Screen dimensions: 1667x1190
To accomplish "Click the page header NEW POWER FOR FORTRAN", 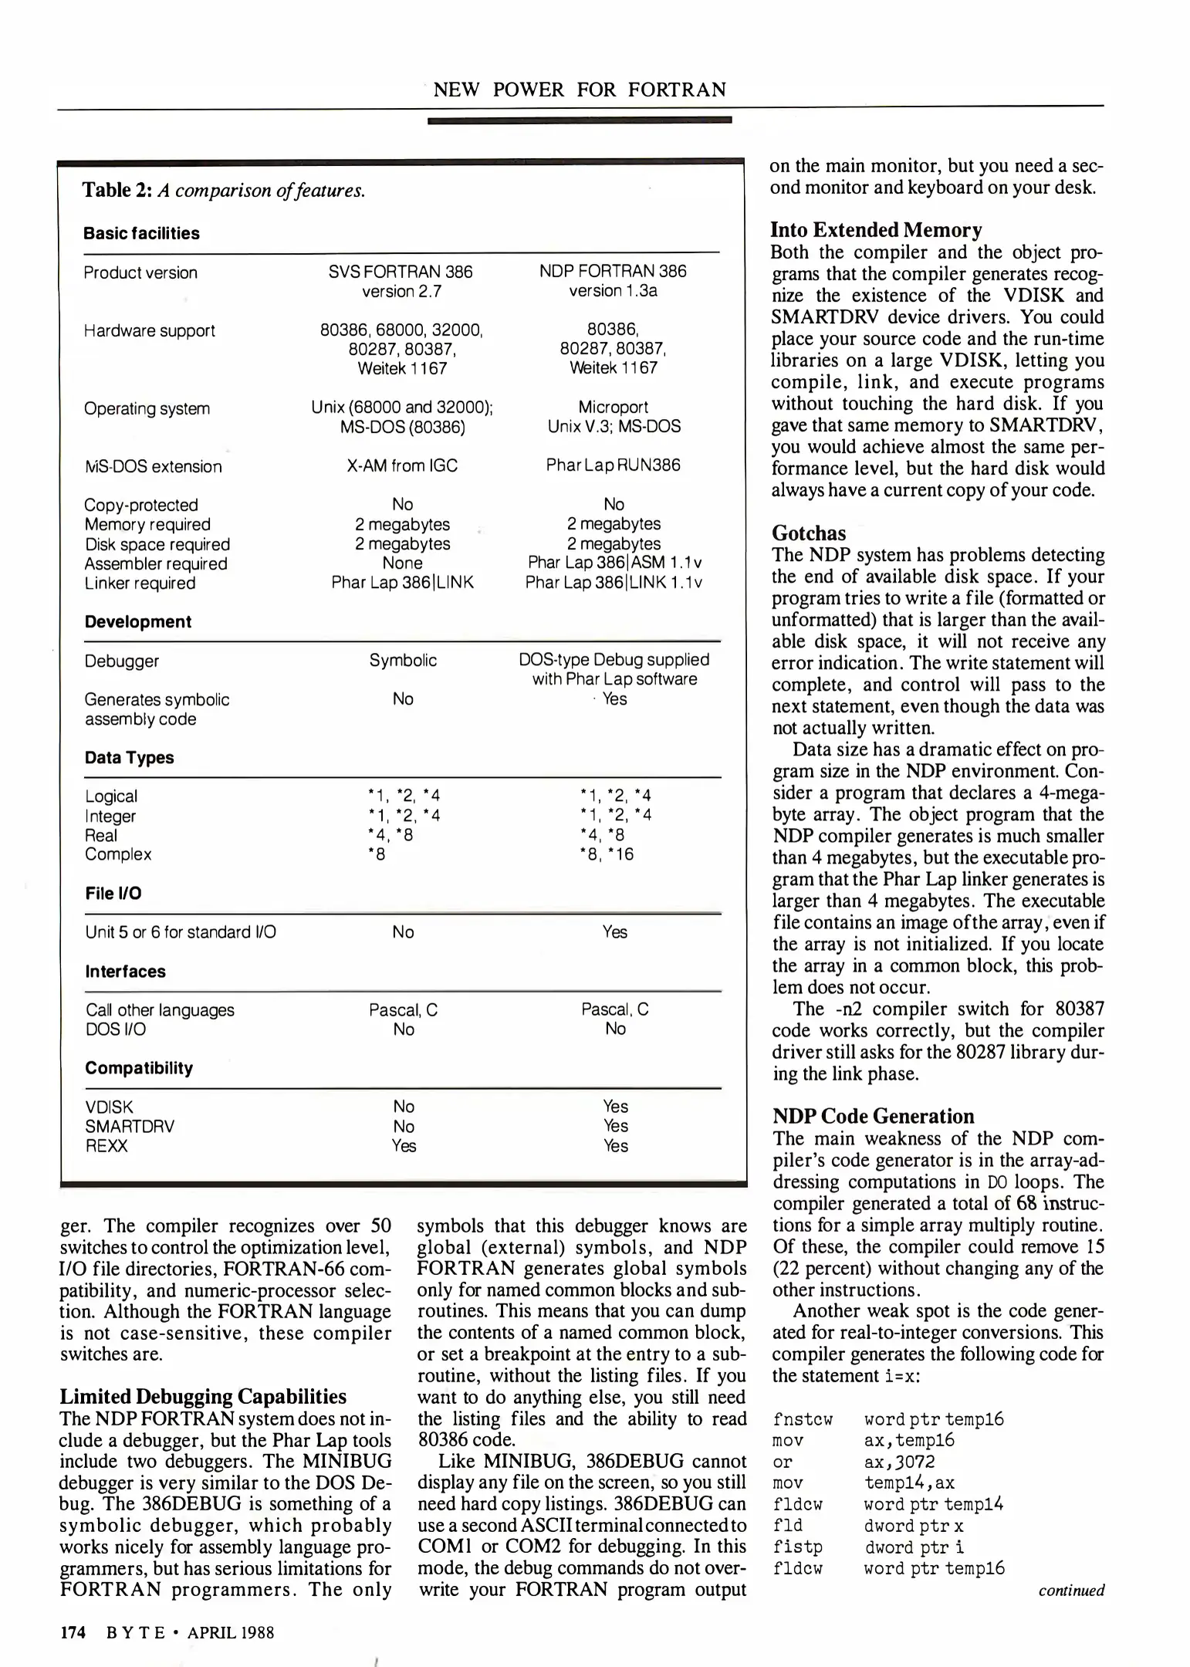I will pos(580,90).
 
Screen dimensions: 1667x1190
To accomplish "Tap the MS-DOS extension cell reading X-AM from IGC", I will pos(402,465).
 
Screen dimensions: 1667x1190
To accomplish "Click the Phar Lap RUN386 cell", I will pos(613,465).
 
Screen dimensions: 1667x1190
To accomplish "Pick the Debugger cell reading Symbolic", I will pos(403,660).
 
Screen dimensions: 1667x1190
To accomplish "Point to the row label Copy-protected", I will pos(140,505).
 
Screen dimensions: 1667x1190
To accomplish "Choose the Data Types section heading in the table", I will pos(129,758).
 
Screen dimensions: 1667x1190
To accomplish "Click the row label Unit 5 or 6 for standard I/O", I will pos(180,932).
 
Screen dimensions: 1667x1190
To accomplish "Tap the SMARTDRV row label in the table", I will pos(129,1126).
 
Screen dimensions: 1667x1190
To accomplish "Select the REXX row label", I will pos(106,1146).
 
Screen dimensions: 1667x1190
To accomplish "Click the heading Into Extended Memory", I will pos(876,230).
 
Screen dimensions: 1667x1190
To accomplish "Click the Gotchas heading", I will pos(808,533).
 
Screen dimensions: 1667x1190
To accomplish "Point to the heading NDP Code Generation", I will pos(873,1116).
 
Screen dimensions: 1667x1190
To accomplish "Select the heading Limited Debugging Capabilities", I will pos(203,1397).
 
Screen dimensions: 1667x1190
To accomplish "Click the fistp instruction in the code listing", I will pos(797,1547).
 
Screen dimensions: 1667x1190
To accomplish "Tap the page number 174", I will pos(73,1632).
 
